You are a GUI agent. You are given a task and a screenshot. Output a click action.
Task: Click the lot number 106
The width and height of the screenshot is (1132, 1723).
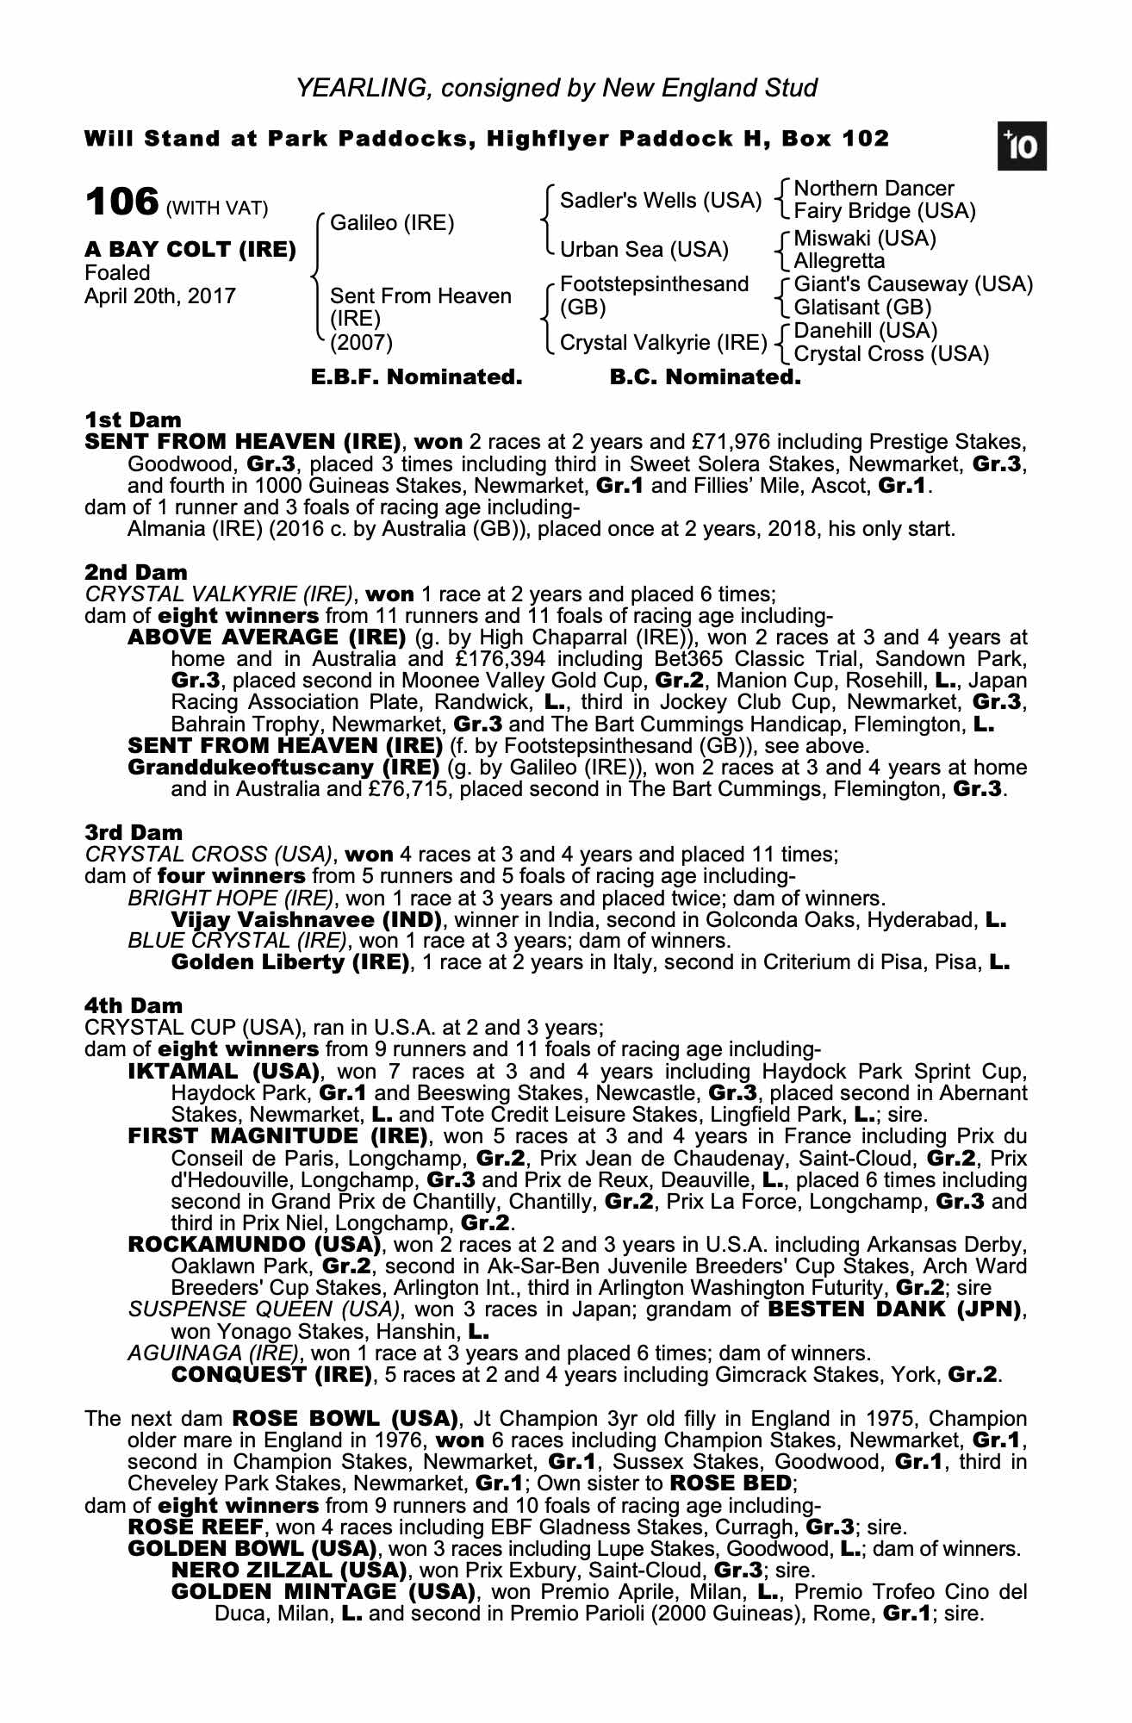point(121,202)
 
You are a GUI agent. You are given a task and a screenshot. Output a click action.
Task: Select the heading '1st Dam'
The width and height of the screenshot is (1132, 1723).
point(134,420)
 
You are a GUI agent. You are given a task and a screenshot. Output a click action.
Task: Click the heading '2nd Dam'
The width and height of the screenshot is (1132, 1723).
point(136,572)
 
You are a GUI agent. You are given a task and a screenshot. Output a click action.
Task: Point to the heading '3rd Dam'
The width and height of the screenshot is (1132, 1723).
point(134,832)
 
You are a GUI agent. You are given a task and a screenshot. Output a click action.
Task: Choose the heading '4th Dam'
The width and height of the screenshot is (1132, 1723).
point(134,1005)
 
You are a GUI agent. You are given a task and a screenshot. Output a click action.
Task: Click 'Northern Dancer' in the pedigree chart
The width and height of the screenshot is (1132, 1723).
point(874,189)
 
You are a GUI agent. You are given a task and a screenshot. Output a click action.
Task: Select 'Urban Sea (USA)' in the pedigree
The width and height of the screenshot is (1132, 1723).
point(644,250)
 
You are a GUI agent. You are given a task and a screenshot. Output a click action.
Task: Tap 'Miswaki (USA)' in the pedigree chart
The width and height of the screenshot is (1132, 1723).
point(864,238)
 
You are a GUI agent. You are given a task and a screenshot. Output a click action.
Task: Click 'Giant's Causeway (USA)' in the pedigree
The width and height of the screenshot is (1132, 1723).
point(912,284)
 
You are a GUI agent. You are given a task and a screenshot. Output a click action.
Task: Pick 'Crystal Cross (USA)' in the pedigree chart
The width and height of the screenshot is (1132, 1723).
point(891,354)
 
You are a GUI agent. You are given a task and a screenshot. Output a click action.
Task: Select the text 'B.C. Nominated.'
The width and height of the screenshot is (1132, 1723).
point(705,377)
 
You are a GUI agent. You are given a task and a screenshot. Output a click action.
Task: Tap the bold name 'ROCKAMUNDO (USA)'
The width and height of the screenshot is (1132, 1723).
point(254,1245)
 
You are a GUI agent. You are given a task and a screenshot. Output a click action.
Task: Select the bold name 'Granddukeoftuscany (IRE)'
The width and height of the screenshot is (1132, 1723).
point(283,767)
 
